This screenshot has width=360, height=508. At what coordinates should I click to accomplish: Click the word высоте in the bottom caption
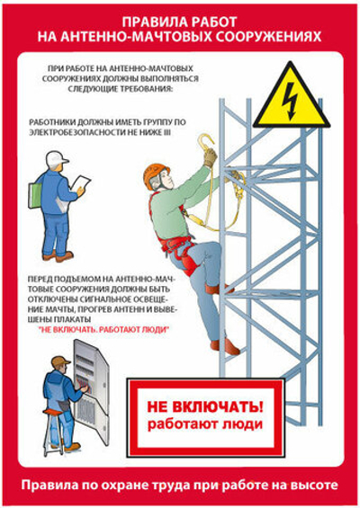[x=311, y=486]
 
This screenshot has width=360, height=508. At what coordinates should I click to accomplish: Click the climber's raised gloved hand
[x=209, y=157]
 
